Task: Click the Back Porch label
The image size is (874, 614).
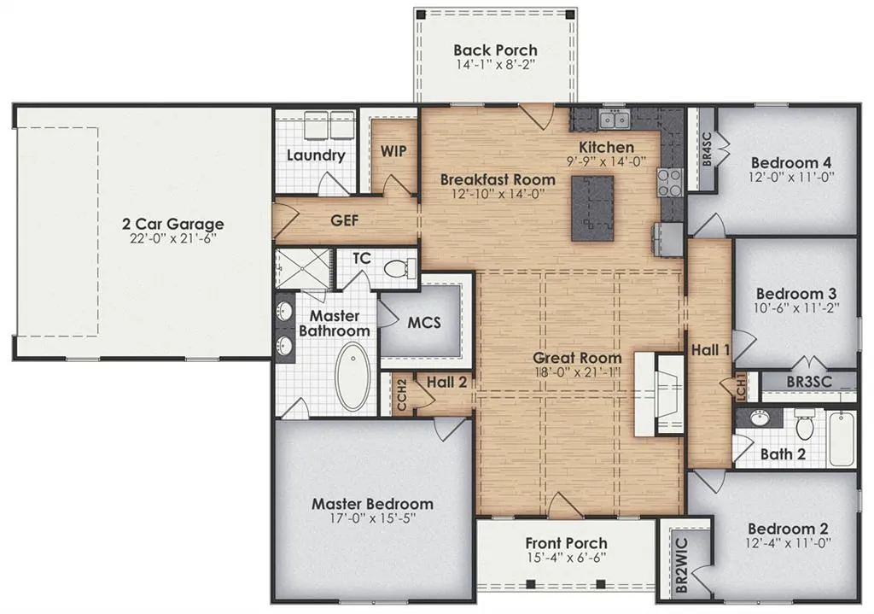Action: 495,50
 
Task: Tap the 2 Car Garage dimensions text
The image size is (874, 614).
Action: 172,239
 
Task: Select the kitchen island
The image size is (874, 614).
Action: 593,208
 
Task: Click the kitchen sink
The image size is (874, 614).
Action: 613,119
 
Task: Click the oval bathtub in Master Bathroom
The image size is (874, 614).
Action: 351,377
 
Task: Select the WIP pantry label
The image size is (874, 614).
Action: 393,151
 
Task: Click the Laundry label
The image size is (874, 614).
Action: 316,155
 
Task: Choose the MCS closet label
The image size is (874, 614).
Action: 424,322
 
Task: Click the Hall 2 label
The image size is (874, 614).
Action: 446,383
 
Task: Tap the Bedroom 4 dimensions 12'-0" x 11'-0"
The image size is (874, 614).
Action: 791,178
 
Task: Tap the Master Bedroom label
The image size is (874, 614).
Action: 372,504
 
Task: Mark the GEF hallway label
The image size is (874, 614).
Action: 345,220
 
